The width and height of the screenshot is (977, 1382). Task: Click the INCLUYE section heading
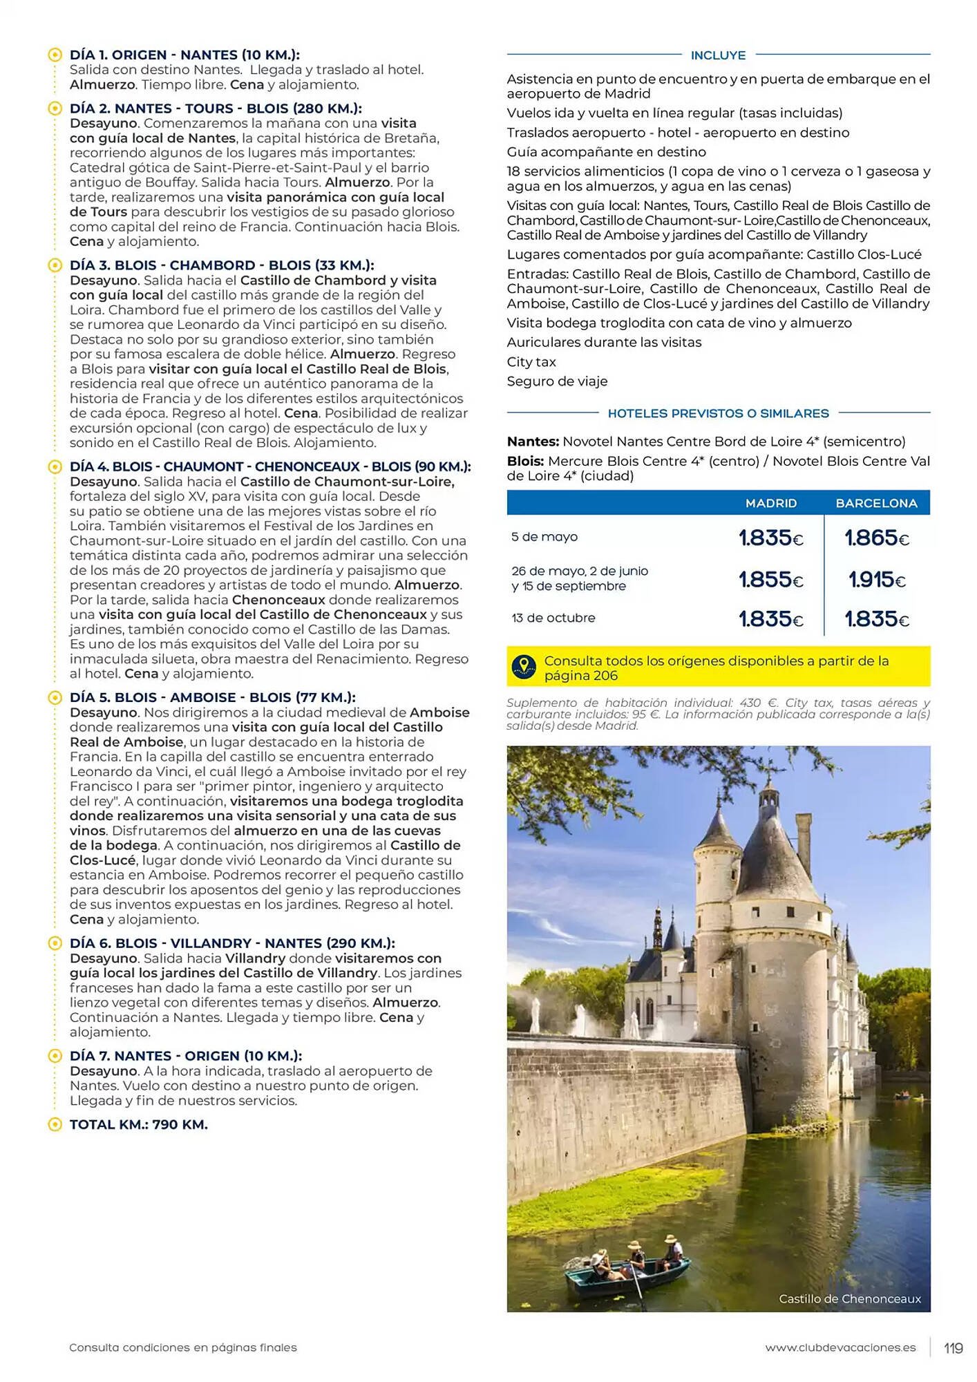[x=718, y=55]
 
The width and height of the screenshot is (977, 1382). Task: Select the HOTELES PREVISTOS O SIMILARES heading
[x=718, y=413]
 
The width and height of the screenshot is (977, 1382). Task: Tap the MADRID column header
[x=770, y=503]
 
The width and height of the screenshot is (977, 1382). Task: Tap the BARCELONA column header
[x=876, y=503]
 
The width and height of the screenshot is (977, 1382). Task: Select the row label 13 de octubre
[x=553, y=618]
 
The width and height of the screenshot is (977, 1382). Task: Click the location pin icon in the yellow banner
[x=524, y=666]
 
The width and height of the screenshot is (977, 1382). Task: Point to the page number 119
[x=953, y=1347]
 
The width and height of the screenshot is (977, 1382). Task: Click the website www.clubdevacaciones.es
[x=840, y=1347]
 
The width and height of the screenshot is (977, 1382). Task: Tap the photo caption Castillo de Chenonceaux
[x=849, y=1299]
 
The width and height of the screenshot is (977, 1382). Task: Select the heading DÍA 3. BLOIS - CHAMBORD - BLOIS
[x=221, y=265]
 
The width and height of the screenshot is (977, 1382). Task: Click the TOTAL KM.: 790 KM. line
[x=138, y=1124]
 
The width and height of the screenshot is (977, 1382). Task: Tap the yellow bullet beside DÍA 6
[x=55, y=943]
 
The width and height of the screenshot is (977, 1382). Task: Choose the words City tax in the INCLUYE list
[x=531, y=361]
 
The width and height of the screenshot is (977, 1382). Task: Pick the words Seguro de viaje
[x=557, y=381]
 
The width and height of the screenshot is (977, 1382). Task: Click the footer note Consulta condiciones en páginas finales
[x=183, y=1347]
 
